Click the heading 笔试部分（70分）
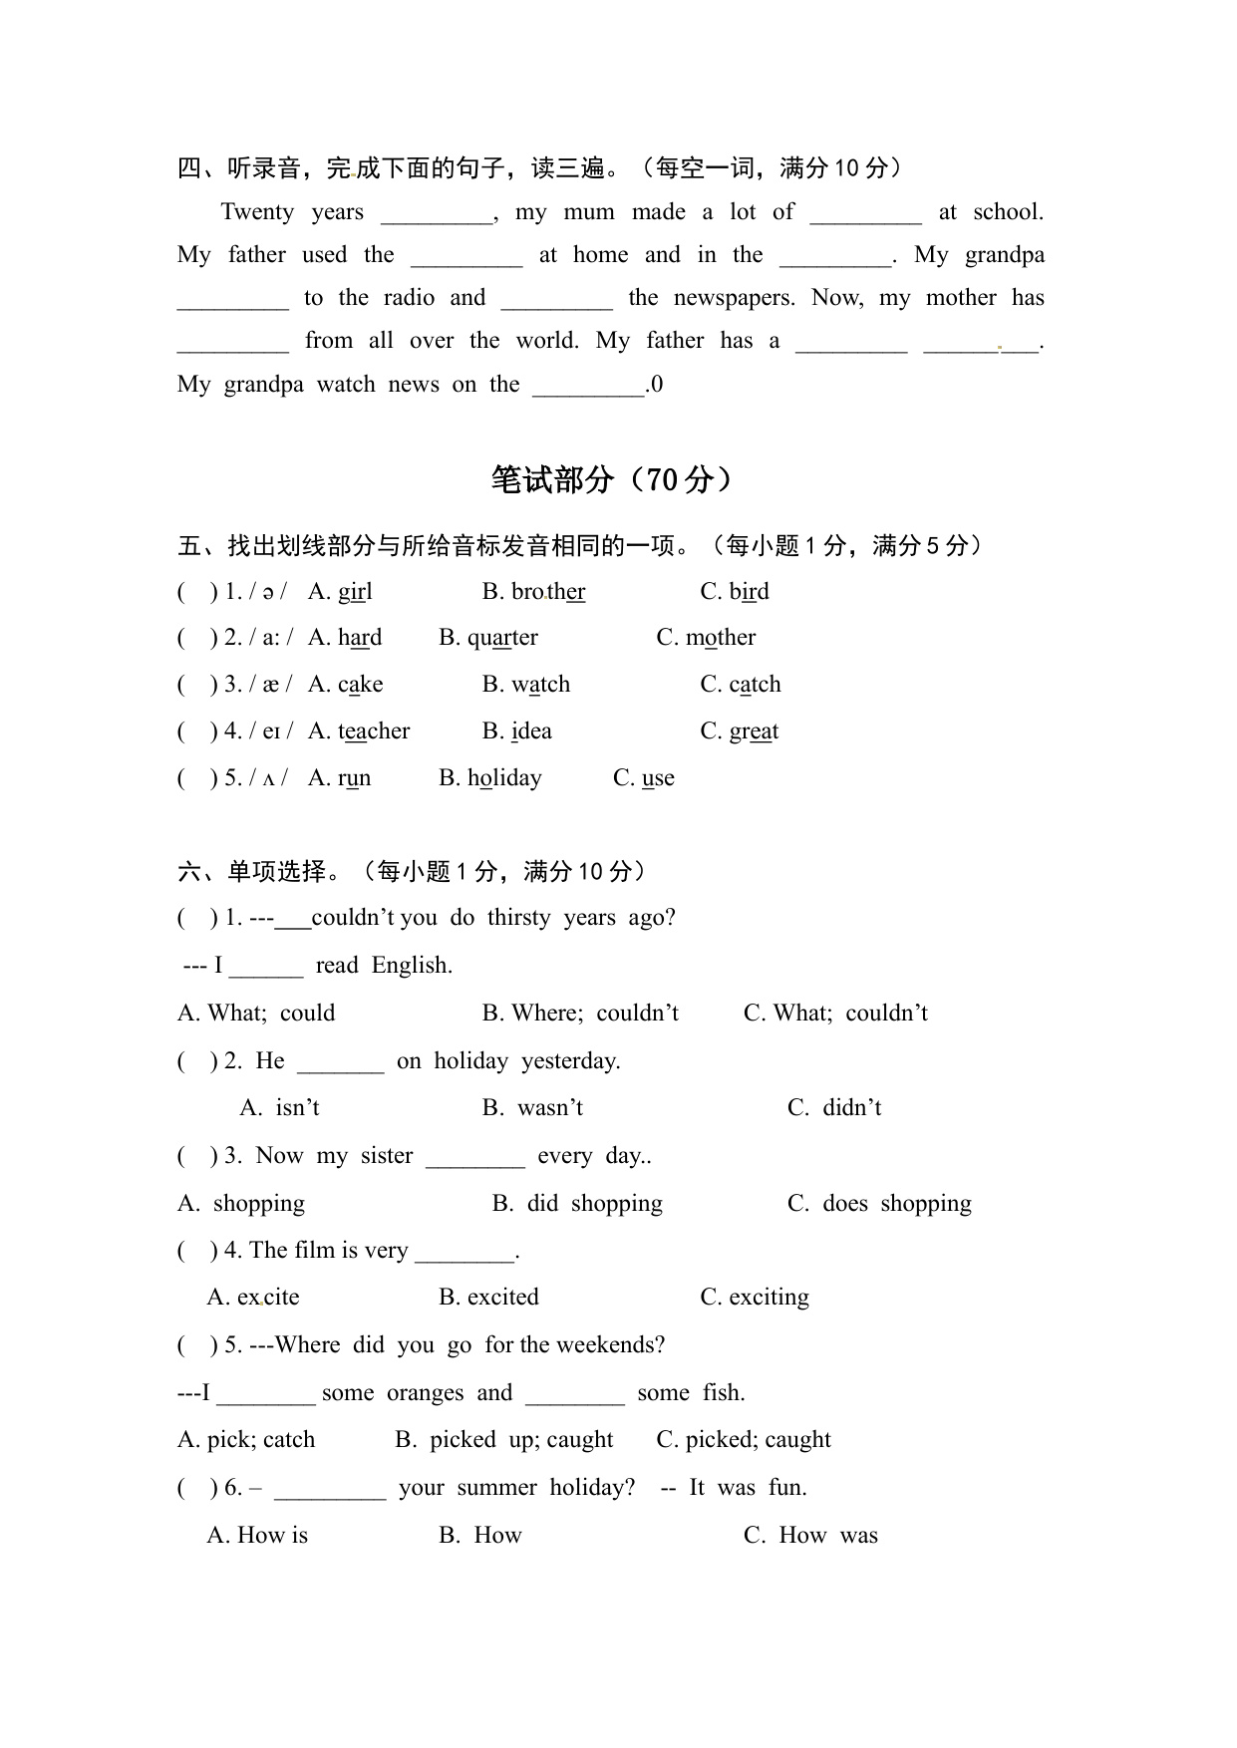point(612,480)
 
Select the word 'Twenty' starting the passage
point(257,212)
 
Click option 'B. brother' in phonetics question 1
point(533,592)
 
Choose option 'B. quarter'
point(488,638)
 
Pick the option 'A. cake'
point(345,685)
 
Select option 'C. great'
point(740,731)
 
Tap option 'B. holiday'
point(490,778)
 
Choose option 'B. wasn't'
point(532,1108)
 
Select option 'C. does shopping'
point(879,1204)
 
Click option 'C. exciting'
point(755,1298)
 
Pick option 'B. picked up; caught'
point(504,1440)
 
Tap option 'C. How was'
point(810,1536)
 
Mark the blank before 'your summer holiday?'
point(330,1490)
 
